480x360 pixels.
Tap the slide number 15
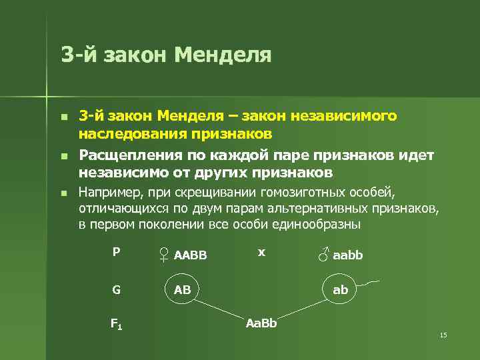point(443,335)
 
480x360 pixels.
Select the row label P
point(116,252)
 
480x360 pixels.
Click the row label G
point(116,290)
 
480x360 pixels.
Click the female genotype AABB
point(191,255)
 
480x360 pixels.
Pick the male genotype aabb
point(348,255)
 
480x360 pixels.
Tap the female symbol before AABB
point(164,254)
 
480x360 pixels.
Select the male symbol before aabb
point(323,253)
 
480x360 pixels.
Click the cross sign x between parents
point(262,252)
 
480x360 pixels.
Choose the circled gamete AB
point(183,290)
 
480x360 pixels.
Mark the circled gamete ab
point(341,290)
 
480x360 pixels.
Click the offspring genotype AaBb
point(261,324)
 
